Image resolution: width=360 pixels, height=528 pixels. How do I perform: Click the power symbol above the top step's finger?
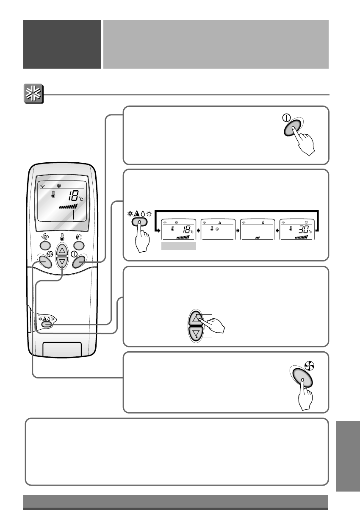286,119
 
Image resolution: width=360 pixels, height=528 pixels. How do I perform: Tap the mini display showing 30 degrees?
297,230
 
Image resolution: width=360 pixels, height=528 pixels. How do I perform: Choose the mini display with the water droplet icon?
258,230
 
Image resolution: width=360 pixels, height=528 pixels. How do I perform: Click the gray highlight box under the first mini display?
179,246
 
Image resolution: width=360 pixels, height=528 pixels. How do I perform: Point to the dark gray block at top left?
62,44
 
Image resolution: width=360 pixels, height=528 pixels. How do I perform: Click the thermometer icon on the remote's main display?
54,195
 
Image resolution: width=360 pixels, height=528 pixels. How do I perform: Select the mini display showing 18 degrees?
179,230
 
